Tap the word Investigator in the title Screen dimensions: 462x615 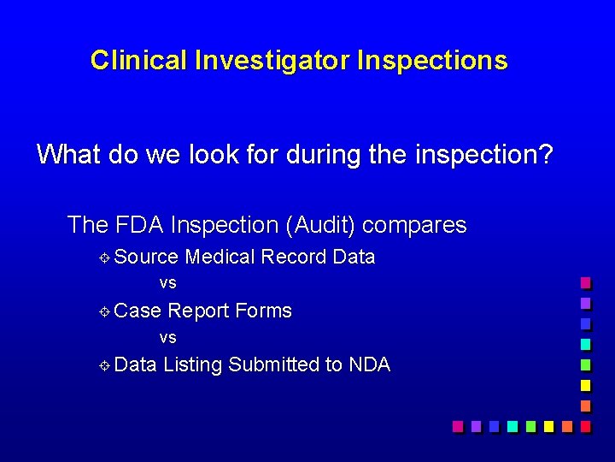click(x=272, y=61)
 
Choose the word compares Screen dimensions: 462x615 click(x=414, y=225)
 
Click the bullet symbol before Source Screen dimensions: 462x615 click(x=102, y=258)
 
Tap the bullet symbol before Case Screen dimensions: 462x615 click(x=102, y=311)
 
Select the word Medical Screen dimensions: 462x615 click(x=220, y=257)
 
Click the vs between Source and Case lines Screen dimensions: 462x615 click(x=167, y=283)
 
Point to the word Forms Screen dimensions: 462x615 click(x=263, y=311)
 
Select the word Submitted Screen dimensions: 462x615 click(x=273, y=364)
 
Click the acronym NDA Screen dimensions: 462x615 click(x=369, y=364)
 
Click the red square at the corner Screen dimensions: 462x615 click(x=585, y=425)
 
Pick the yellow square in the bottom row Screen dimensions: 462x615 click(x=548, y=425)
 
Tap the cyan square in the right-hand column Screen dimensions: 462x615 click(x=585, y=344)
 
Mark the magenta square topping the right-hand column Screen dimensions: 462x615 click(x=585, y=282)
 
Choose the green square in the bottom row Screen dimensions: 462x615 click(x=530, y=425)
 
